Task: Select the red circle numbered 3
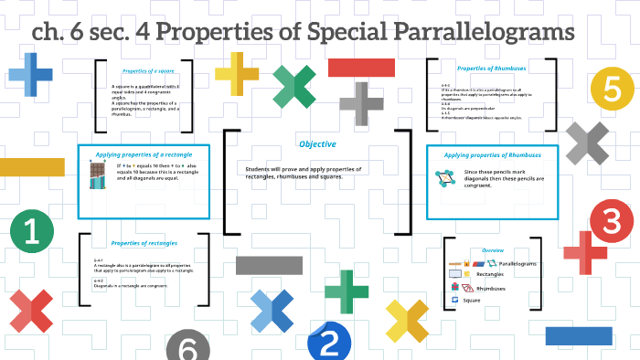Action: coord(612,221)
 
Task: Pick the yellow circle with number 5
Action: coord(612,89)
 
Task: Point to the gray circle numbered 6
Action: coord(187,347)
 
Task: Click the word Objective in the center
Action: coord(317,144)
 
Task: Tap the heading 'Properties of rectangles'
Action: coord(144,243)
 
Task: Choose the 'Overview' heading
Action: coord(493,249)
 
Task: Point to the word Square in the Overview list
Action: coord(472,300)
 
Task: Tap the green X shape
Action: coord(294,86)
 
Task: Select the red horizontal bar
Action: coord(361,67)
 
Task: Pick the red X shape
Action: coord(32,311)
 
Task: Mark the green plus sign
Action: coord(346,291)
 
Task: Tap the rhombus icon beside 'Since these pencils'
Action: coord(447,179)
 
